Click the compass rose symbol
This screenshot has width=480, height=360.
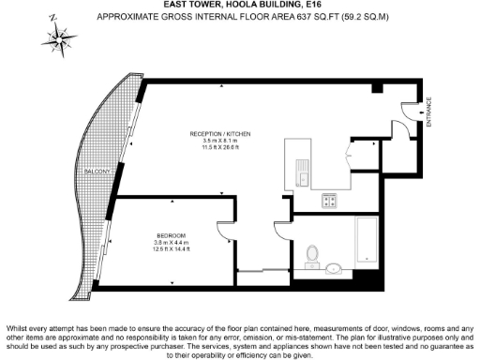60,37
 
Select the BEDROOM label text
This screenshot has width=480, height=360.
171,234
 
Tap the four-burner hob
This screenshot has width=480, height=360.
330,199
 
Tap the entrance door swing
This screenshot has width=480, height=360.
409,112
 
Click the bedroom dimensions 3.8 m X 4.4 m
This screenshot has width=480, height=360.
171,242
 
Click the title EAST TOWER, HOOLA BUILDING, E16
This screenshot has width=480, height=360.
240,5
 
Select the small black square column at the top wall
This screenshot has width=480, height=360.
376,88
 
